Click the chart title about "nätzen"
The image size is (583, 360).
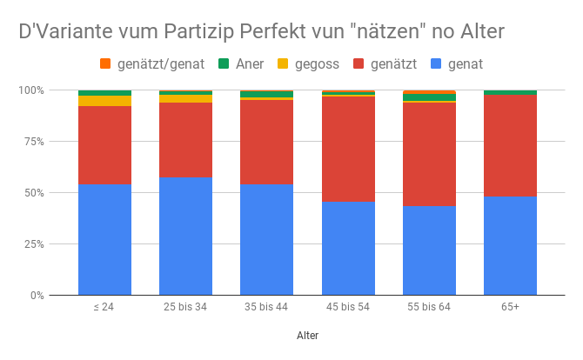[262, 31]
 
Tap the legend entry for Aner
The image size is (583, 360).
[244, 63]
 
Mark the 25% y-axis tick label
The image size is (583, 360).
[33, 244]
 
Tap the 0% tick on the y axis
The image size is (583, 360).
[36, 296]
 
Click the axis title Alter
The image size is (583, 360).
[307, 335]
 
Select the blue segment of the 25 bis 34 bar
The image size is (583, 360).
[185, 236]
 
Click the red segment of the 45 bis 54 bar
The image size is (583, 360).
[347, 149]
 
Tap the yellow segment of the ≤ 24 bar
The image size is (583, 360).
[104, 101]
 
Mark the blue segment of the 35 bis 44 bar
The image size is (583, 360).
[266, 239]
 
